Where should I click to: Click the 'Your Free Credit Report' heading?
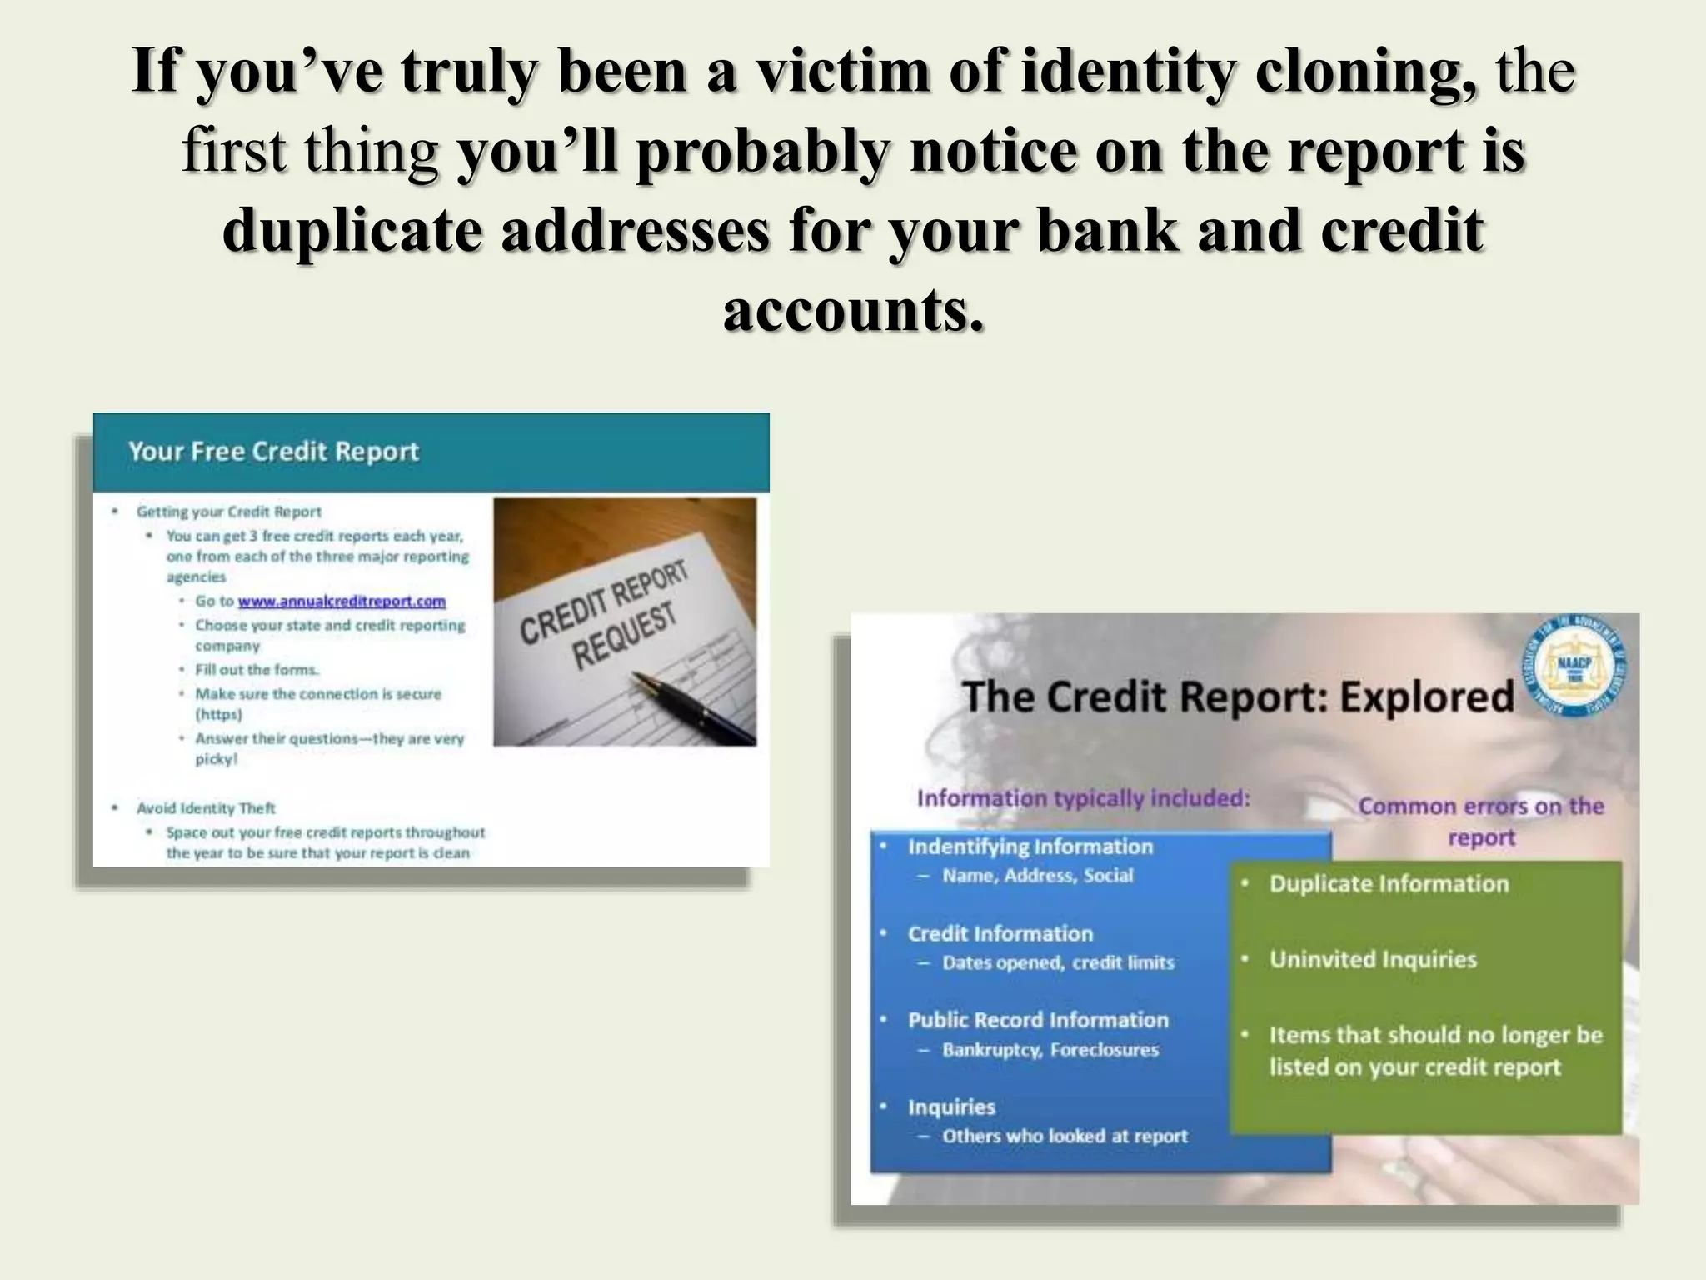coord(273,452)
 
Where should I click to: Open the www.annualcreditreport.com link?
coord(342,601)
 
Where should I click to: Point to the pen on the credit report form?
coord(691,707)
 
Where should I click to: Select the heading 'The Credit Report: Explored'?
coord(1238,697)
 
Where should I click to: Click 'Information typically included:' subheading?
coord(1083,798)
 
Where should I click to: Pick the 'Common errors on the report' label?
coord(1480,822)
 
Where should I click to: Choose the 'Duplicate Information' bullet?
coord(1389,884)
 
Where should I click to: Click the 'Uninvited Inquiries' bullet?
coord(1373,959)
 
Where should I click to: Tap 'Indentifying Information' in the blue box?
coord(1030,847)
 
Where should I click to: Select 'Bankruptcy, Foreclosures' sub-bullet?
coord(1050,1050)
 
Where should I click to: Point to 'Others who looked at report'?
coord(1065,1137)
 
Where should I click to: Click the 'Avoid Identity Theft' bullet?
coord(206,808)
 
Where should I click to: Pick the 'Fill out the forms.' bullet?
coord(257,670)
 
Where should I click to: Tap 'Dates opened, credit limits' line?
coord(1058,963)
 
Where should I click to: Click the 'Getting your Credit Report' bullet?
coord(229,512)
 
